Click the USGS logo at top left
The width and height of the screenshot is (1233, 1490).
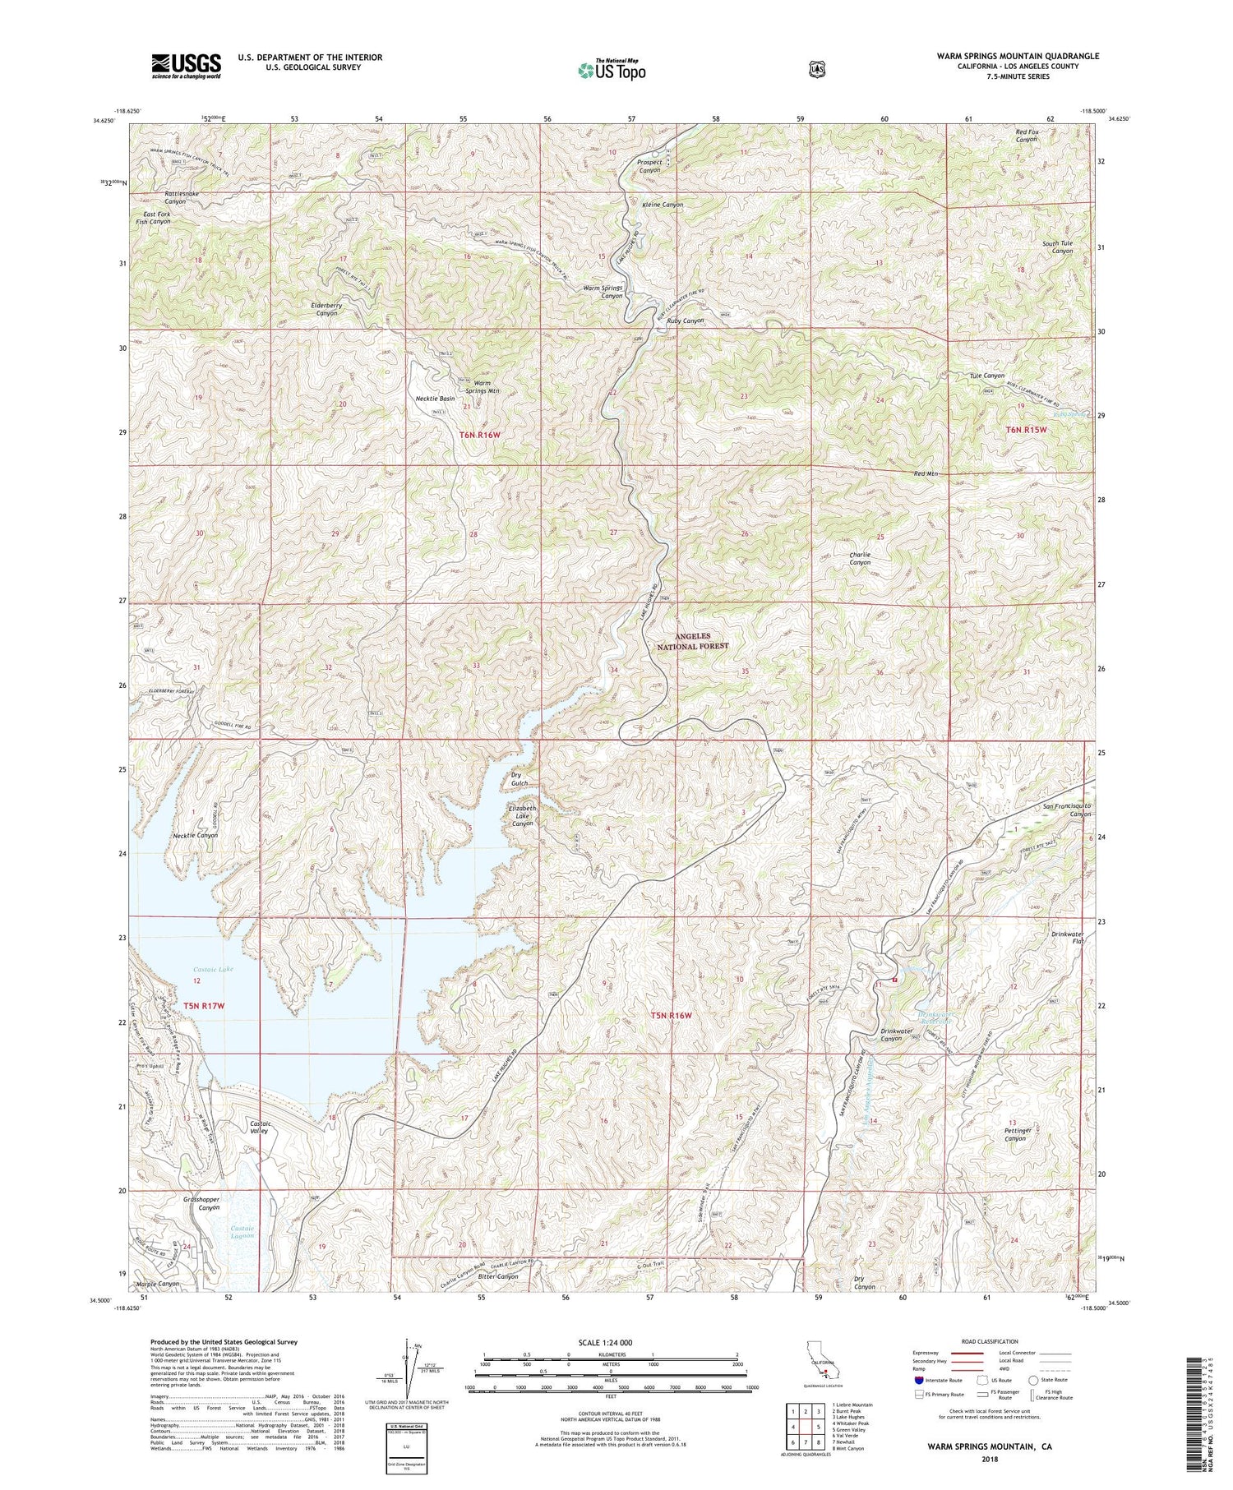[x=186, y=66]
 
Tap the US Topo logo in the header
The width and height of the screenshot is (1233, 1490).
[x=612, y=70]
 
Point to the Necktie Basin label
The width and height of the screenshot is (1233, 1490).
[x=436, y=399]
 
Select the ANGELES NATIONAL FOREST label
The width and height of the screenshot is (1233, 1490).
[x=701, y=642]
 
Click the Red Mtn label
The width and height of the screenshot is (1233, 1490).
[x=926, y=474]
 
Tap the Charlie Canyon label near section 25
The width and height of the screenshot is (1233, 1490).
[x=859, y=559]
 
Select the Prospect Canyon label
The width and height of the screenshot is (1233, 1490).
[x=649, y=167]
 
